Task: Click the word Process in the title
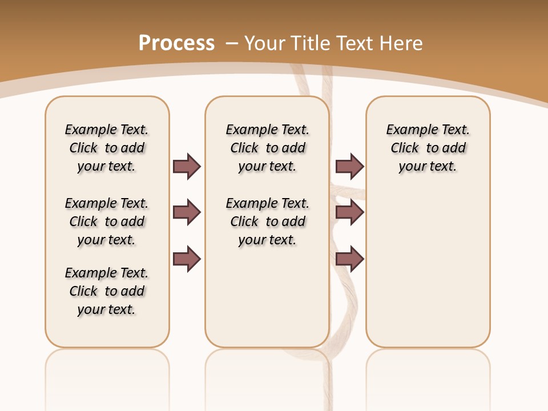[x=176, y=43]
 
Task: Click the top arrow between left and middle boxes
[x=187, y=166]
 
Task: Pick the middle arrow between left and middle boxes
[x=187, y=212]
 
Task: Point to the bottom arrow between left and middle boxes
[x=187, y=259]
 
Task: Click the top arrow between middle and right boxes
[x=349, y=166]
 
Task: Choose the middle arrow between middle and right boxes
[x=349, y=212]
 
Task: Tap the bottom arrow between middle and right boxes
[x=349, y=259]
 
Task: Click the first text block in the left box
[x=107, y=148]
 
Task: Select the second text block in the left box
[x=107, y=221]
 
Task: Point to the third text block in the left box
[x=107, y=291]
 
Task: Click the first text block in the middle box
[x=268, y=148]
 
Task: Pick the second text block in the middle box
[x=268, y=221]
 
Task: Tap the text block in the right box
[x=428, y=148]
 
